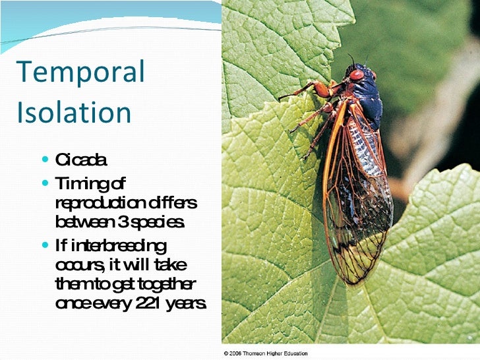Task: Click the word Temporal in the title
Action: click(x=80, y=73)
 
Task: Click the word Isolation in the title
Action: click(x=74, y=112)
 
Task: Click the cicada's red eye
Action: click(x=357, y=75)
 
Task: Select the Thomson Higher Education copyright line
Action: click(x=265, y=354)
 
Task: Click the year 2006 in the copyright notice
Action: click(x=237, y=354)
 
